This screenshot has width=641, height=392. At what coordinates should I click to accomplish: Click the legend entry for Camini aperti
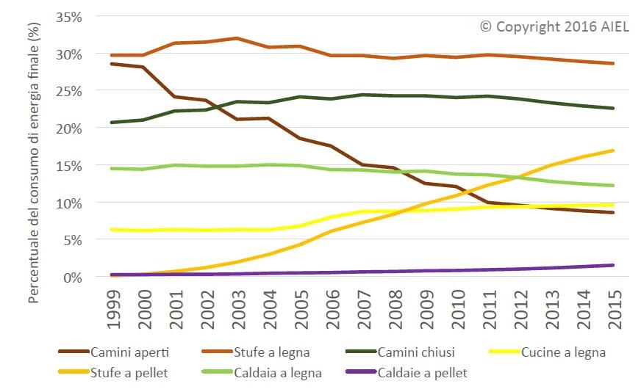click(x=129, y=352)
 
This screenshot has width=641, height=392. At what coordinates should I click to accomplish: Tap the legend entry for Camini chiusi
click(x=416, y=352)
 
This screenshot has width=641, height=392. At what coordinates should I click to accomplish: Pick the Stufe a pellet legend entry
click(x=129, y=373)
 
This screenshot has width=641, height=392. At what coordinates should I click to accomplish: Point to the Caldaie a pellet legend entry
click(x=422, y=373)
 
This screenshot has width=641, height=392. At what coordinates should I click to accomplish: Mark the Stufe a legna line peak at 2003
click(x=236, y=38)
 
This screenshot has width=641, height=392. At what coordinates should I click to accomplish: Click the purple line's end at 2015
click(x=613, y=265)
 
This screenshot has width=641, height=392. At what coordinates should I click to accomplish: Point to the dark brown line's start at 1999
click(x=112, y=64)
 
